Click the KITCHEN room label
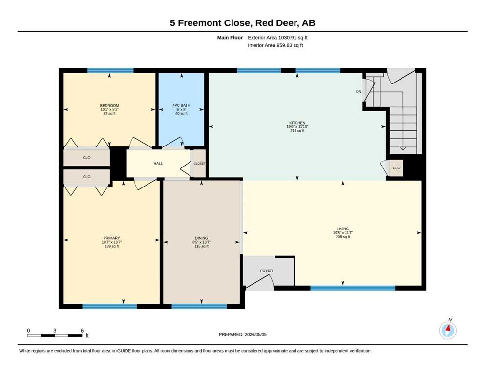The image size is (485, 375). click(297, 123)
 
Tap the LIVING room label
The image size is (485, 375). click(343, 229)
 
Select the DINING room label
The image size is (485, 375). click(201, 238)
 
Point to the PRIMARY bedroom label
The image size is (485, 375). click(111, 238)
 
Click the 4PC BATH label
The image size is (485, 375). click(181, 105)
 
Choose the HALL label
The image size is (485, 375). click(158, 163)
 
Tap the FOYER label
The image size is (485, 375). click(266, 271)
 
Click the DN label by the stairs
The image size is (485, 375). click(358, 91)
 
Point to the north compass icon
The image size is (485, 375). click(447, 330)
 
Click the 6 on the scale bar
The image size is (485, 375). click(82, 330)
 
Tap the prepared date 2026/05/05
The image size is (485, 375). click(255, 334)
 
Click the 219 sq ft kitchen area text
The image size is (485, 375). click(297, 131)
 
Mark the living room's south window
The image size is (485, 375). click(353, 288)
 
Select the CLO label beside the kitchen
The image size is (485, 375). click(396, 168)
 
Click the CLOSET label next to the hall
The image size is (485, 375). click(199, 163)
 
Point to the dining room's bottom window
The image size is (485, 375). click(199, 306)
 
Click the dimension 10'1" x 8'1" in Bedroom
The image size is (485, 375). click(109, 109)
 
